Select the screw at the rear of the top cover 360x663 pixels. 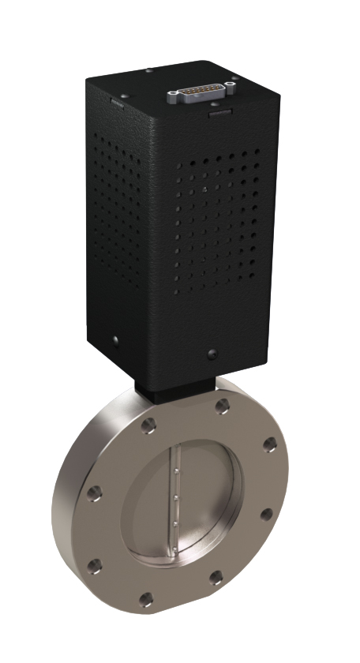tap(148, 70)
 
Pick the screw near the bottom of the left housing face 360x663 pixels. tap(116, 340)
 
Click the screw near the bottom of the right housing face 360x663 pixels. tap(211, 352)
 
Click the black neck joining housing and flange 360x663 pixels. tap(175, 391)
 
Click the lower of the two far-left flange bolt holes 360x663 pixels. tap(95, 565)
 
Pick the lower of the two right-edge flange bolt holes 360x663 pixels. tap(267, 515)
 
